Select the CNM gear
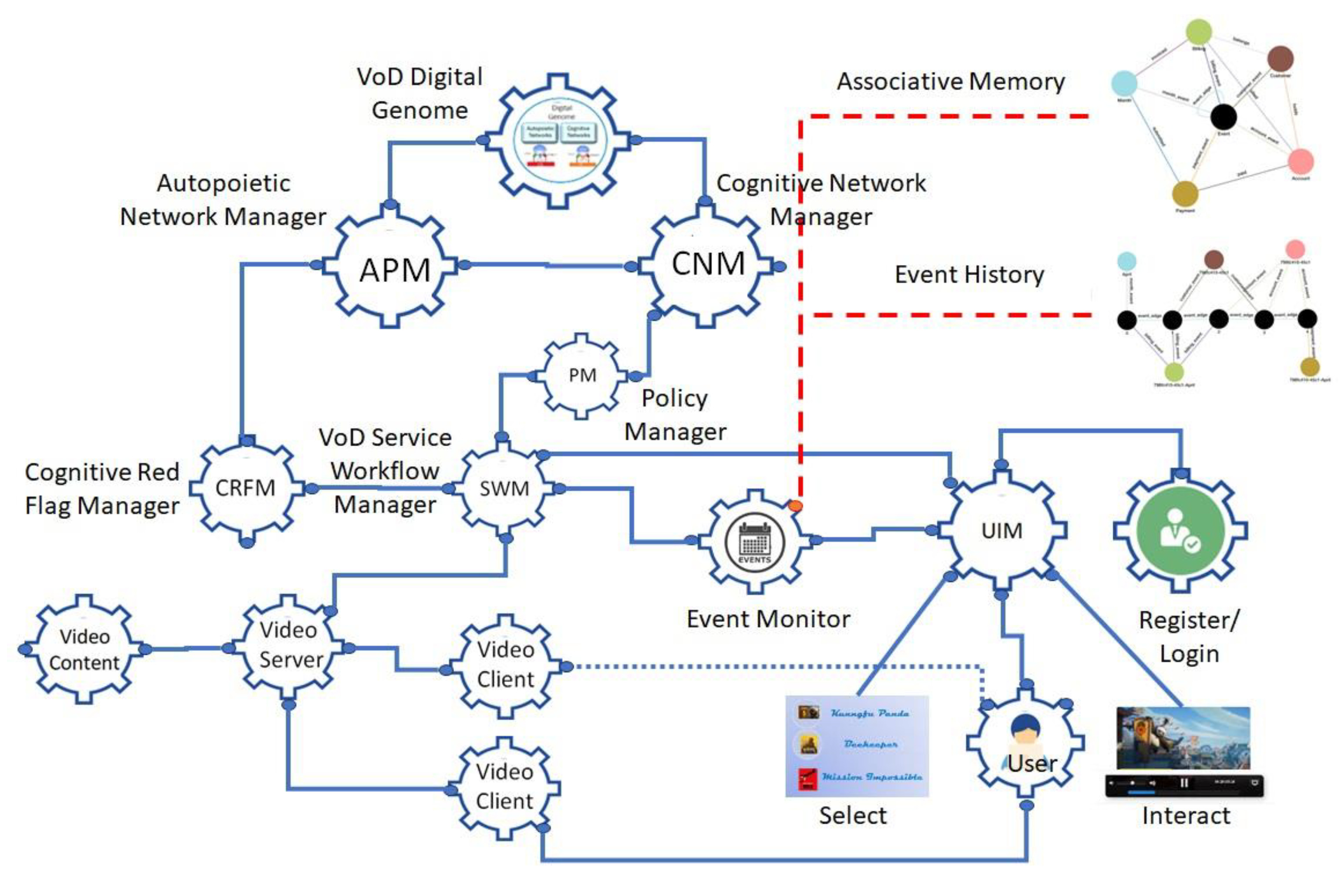pyautogui.click(x=708, y=264)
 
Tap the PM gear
pyautogui.click(x=581, y=375)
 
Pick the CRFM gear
pyautogui.click(x=245, y=488)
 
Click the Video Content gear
pyautogui.click(x=84, y=649)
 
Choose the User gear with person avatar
pyautogui.click(x=1026, y=743)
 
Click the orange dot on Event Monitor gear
pyautogui.click(x=795, y=505)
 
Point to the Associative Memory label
pyautogui.click(x=951, y=82)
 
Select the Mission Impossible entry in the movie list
pyautogui.click(x=870, y=777)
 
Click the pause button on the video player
pyautogui.click(x=1184, y=783)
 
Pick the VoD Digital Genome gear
pyautogui.click(x=558, y=141)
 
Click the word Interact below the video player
pyautogui.click(x=1186, y=816)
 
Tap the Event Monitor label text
pyautogui.click(x=768, y=619)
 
